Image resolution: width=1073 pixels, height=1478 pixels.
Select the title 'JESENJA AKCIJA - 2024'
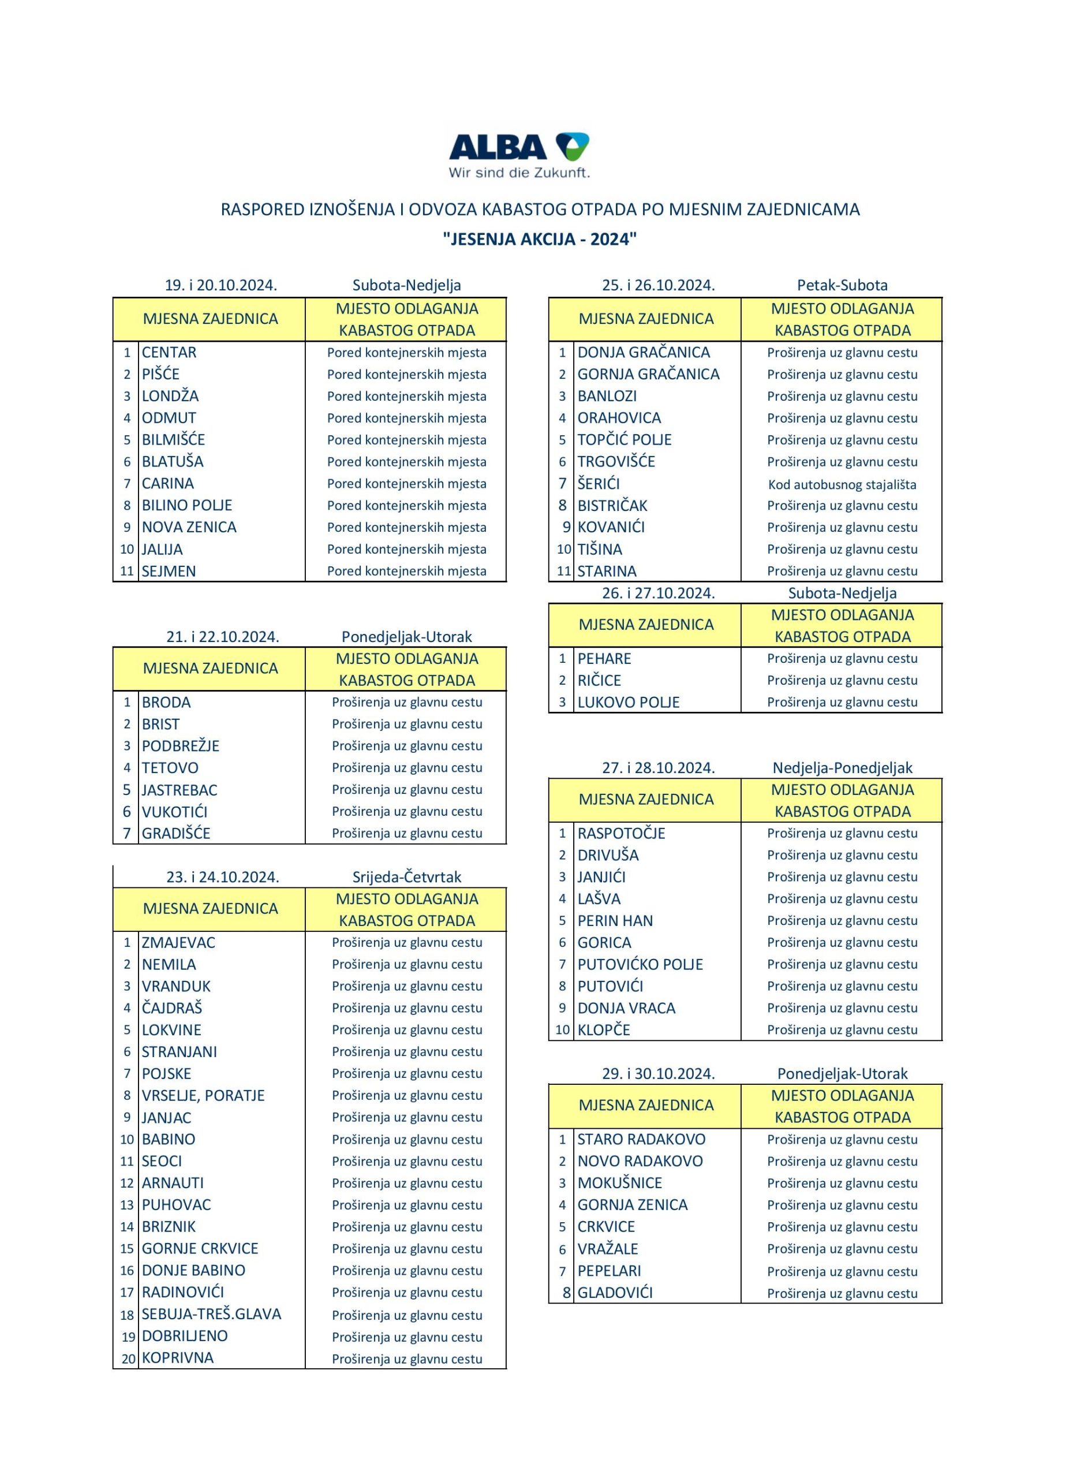pyautogui.click(x=540, y=239)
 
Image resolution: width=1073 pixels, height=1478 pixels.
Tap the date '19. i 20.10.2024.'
pyautogui.click(x=221, y=285)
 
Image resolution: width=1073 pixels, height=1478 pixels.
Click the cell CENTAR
pyautogui.click(x=169, y=353)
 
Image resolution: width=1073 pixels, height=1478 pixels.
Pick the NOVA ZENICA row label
pyautogui.click(x=189, y=527)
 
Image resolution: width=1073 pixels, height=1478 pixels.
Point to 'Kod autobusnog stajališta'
pyautogui.click(x=842, y=484)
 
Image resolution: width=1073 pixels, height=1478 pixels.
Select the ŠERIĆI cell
pyautogui.click(x=598, y=484)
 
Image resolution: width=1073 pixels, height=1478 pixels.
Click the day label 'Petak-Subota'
pyautogui.click(x=842, y=285)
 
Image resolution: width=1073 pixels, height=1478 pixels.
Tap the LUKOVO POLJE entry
pyautogui.click(x=628, y=703)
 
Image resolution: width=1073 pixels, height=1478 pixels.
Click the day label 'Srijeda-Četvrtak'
pyautogui.click(x=406, y=877)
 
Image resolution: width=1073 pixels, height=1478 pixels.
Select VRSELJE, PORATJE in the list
pyautogui.click(x=203, y=1095)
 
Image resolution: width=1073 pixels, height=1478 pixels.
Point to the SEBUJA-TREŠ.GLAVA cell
pyautogui.click(x=211, y=1314)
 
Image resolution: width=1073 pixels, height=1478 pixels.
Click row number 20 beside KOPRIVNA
pyautogui.click(x=128, y=1358)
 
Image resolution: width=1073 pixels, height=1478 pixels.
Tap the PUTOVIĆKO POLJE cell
pyautogui.click(x=640, y=965)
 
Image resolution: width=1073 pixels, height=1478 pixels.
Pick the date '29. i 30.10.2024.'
pyautogui.click(x=658, y=1073)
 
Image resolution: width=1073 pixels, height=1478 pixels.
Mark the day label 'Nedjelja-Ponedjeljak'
pyautogui.click(x=842, y=768)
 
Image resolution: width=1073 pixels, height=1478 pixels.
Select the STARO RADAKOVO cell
pyautogui.click(x=641, y=1139)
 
